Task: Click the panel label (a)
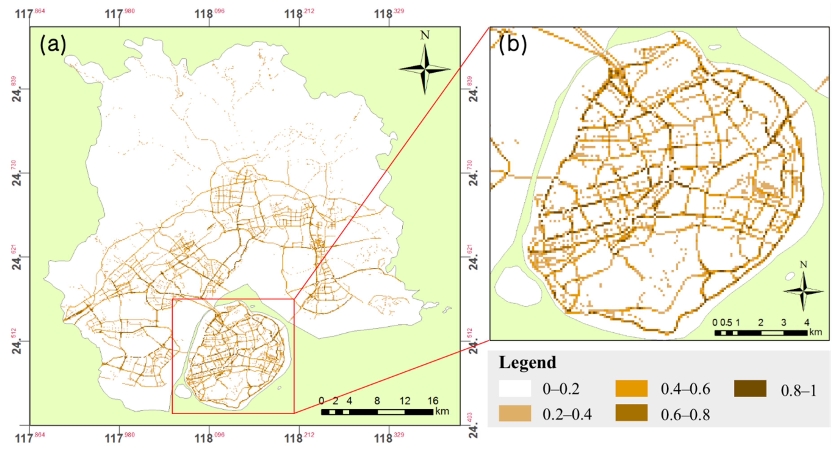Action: coord(53,44)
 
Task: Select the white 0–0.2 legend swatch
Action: coord(515,389)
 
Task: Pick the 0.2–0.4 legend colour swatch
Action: coord(515,413)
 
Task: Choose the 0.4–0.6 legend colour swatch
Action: coord(631,389)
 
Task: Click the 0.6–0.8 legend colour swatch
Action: coord(631,413)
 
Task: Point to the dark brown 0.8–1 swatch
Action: coord(750,389)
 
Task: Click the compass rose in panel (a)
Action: coord(425,69)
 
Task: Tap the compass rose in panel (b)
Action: coord(803,291)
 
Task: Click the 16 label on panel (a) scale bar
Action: coord(433,401)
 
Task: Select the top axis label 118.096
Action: coord(209,14)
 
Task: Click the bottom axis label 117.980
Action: coord(119,438)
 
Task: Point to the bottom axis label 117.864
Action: coord(30,438)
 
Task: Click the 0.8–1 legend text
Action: coord(798,391)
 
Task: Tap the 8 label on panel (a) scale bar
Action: coord(377,401)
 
